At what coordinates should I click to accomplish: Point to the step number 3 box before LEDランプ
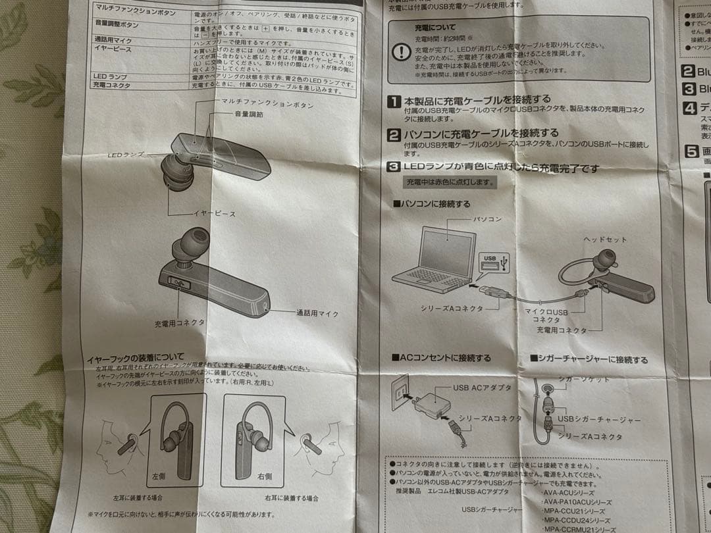(x=394, y=168)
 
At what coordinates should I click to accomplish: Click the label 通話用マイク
(x=317, y=314)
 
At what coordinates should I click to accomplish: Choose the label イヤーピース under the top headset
(x=214, y=214)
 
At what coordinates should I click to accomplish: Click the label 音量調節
(x=248, y=114)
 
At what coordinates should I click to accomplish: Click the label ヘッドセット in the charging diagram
(x=604, y=240)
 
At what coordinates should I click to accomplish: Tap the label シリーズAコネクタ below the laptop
(x=452, y=308)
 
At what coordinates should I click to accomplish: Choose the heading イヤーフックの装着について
(x=136, y=359)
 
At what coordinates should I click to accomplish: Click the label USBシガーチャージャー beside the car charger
(x=599, y=419)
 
